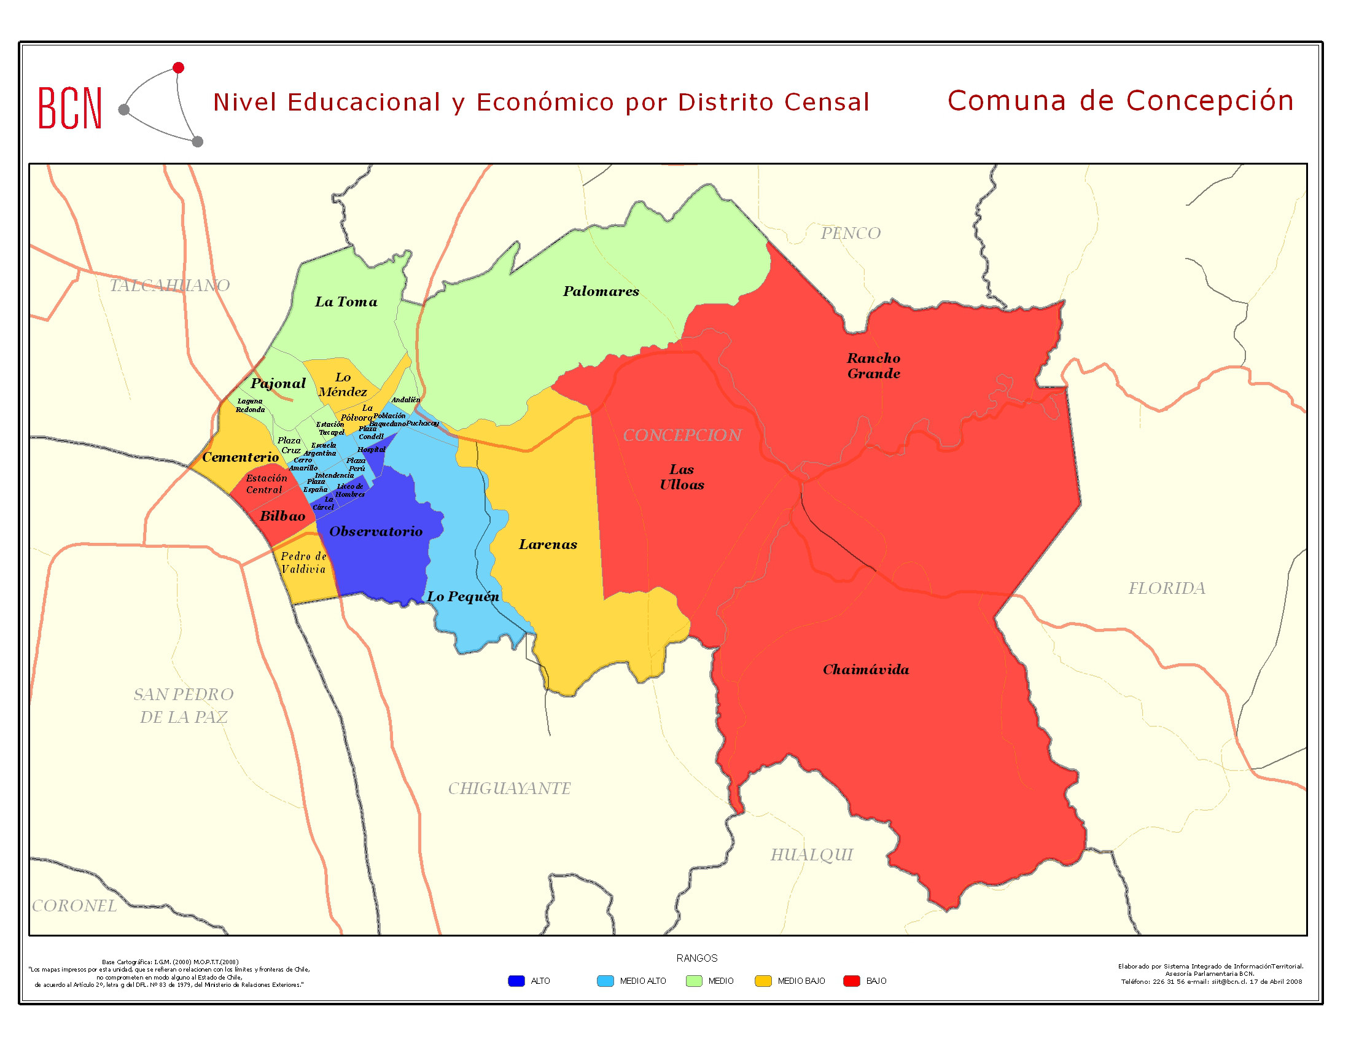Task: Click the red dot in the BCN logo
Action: tap(178, 68)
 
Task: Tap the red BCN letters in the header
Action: tap(70, 108)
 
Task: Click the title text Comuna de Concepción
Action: tap(1120, 101)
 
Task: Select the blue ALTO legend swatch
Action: tap(516, 981)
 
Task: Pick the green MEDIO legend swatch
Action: tap(694, 981)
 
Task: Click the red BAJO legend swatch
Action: tap(852, 981)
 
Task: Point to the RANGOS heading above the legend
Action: tap(696, 958)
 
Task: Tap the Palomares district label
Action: tap(601, 291)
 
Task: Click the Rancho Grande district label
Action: tap(873, 365)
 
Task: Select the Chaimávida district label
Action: tap(865, 670)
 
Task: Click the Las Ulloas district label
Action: tap(681, 477)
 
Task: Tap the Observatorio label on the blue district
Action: tap(375, 531)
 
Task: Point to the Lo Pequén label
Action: tap(462, 597)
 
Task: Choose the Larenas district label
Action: tap(547, 544)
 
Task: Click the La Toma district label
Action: tap(346, 302)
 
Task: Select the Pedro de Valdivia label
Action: tap(304, 563)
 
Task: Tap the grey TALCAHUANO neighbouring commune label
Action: tap(169, 285)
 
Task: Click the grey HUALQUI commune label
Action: tap(811, 855)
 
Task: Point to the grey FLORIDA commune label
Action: tap(1166, 588)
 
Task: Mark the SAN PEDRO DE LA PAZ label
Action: tap(184, 706)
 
